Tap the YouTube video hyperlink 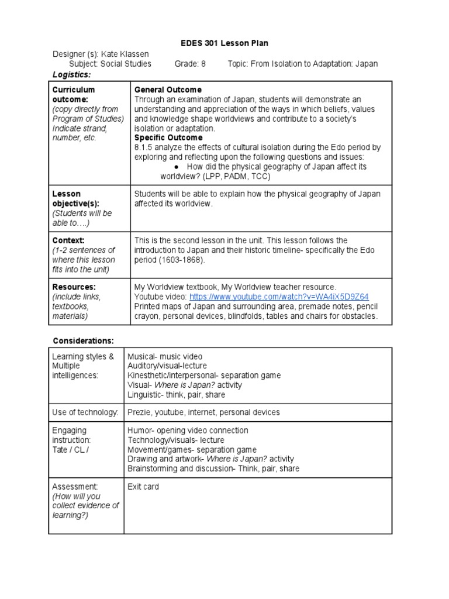[279, 297]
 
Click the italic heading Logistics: [72, 74]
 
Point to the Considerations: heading [84, 340]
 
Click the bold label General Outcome [168, 89]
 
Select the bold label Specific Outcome [169, 138]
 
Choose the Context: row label [68, 240]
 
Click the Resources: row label [74, 287]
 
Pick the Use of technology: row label [85, 412]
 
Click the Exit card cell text [143, 487]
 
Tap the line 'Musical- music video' [165, 356]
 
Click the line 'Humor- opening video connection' [187, 430]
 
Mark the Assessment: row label [75, 487]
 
